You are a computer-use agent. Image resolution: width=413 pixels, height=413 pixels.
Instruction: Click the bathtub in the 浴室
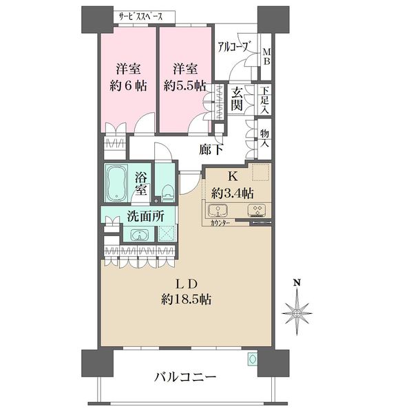pos(116,183)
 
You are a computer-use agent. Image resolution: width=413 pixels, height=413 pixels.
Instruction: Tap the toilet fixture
pos(168,193)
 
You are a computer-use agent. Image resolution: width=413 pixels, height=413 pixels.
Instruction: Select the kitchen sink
pos(218,211)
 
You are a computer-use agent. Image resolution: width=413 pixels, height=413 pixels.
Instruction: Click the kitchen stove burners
pos(257,210)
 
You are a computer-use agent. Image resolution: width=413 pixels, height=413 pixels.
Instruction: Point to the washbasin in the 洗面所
pos(140,234)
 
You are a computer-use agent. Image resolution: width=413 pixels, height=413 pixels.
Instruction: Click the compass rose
pos(297,313)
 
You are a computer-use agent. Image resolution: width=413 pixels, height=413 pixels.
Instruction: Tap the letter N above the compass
pos(297,283)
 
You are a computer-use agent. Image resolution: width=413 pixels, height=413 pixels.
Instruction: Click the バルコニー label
pos(185,377)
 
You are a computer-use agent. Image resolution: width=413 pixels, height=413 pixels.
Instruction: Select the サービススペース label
pos(140,17)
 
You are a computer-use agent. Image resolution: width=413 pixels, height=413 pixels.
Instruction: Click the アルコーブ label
pos(233,47)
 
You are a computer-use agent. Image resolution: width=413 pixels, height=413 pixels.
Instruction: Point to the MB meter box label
pos(266,57)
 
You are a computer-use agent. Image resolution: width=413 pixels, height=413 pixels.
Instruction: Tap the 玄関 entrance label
pos(237,100)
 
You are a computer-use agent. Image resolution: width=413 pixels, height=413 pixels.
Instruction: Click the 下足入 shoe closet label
pos(265,100)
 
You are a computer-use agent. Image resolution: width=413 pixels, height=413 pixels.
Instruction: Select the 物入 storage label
pos(265,138)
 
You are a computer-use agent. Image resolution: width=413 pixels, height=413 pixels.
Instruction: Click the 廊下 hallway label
pos(211,150)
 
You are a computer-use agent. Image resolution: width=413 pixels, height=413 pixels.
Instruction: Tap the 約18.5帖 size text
pos(187,299)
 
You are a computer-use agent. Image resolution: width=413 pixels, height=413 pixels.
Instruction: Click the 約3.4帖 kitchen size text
pos(233,193)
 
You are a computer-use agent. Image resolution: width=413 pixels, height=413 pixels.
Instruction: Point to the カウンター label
pos(220,223)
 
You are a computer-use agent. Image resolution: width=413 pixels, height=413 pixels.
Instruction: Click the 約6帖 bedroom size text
pos(128,85)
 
